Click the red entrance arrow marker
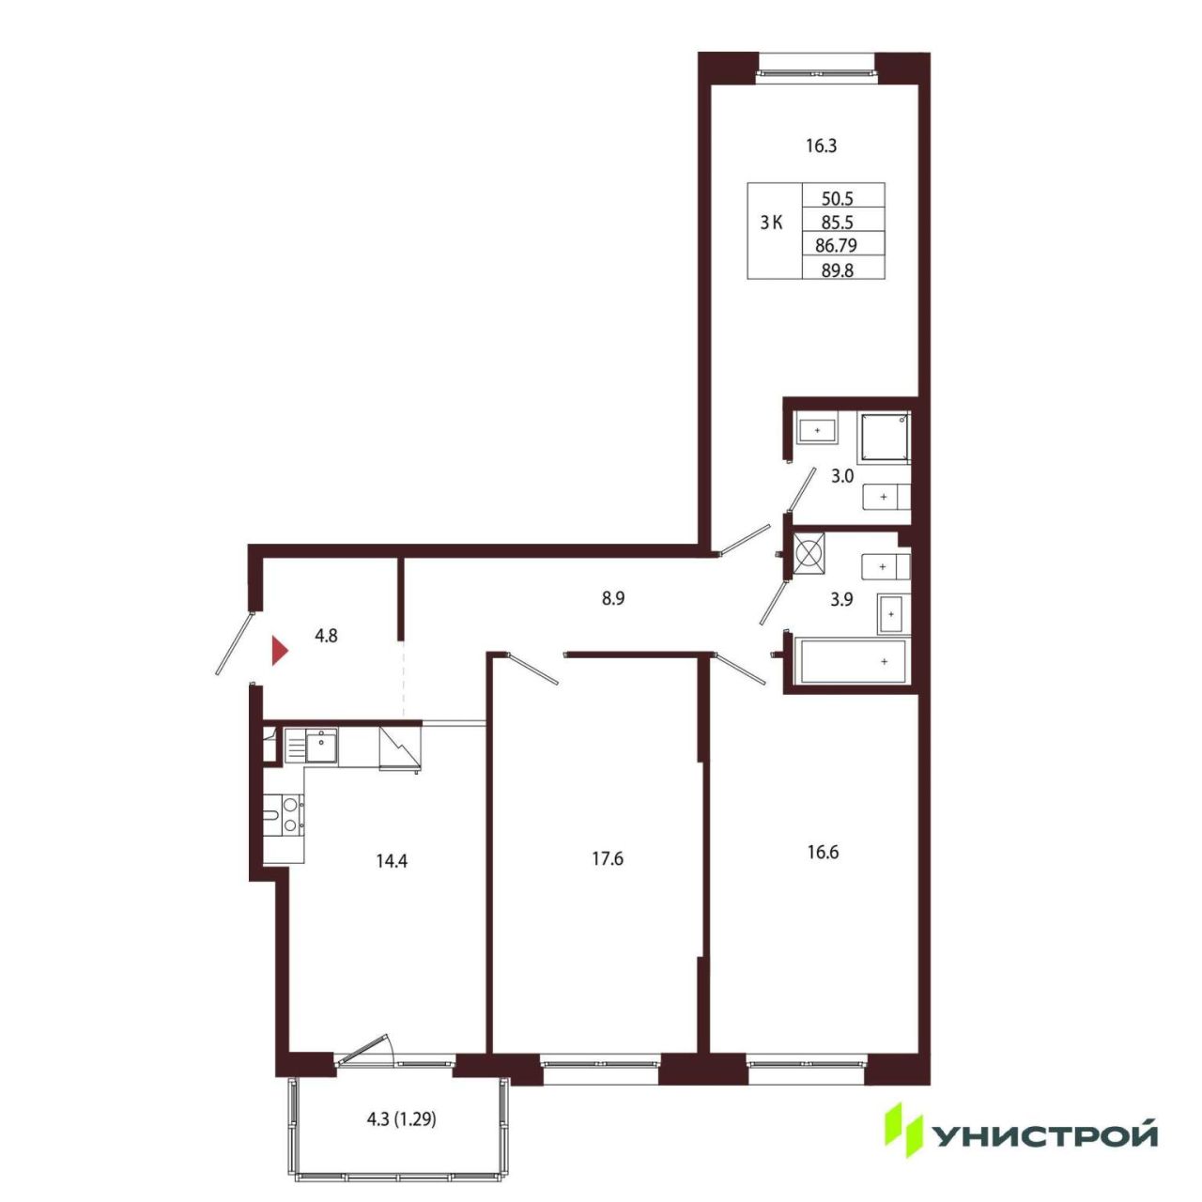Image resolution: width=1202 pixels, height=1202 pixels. [x=280, y=651]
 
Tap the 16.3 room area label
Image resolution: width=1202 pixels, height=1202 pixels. [x=821, y=146]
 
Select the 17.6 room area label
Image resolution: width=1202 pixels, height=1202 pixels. [x=608, y=859]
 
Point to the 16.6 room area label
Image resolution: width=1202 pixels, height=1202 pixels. [x=823, y=852]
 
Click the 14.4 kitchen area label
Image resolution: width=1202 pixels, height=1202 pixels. [x=391, y=861]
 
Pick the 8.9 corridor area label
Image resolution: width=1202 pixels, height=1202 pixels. [x=613, y=599]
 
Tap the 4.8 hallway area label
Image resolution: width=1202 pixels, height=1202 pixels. [x=326, y=637]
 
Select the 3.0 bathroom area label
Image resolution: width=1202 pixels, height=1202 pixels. [x=842, y=477]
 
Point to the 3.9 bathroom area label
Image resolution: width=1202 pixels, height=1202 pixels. [x=841, y=599]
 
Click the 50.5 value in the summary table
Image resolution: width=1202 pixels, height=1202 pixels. [x=838, y=199]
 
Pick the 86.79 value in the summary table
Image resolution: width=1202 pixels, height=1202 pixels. [x=837, y=246]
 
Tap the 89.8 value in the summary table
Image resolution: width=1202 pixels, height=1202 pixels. [x=837, y=270]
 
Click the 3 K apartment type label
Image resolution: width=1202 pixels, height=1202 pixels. [x=771, y=223]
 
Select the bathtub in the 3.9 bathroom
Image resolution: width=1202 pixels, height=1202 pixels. [x=853, y=661]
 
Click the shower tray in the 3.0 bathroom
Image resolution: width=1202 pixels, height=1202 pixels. [x=885, y=438]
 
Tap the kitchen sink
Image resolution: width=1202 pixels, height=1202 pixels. [x=321, y=746]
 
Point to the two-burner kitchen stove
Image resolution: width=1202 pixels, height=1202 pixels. [x=290, y=816]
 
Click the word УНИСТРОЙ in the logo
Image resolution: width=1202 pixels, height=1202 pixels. [x=1044, y=1136]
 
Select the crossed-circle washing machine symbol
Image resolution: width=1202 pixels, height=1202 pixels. [x=809, y=553]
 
